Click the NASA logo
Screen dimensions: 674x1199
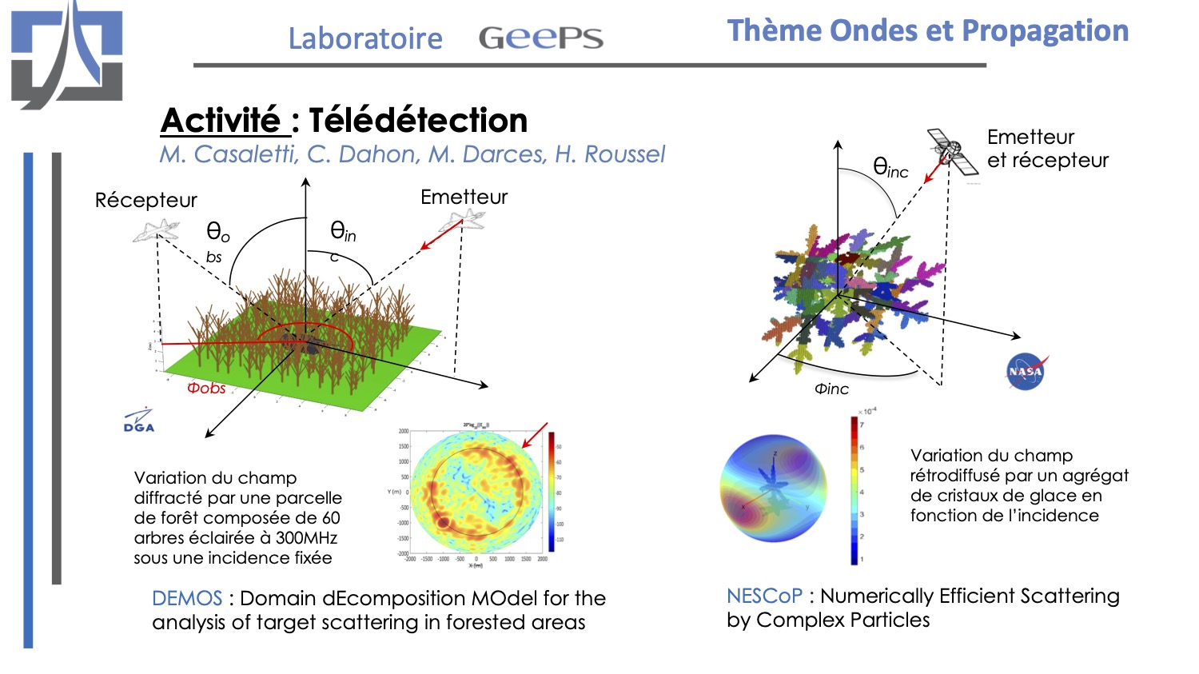point(1026,372)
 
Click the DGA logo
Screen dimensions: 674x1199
point(138,421)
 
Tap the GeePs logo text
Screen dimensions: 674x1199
point(540,38)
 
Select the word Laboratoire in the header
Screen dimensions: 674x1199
point(365,38)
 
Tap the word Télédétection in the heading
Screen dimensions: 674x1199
point(418,121)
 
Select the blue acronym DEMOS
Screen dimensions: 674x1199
point(187,598)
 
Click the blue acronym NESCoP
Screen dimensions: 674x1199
point(764,596)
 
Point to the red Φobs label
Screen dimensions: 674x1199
point(206,389)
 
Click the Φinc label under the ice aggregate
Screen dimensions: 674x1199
point(831,389)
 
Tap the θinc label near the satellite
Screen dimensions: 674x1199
point(890,168)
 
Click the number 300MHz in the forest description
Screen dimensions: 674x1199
point(306,537)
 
